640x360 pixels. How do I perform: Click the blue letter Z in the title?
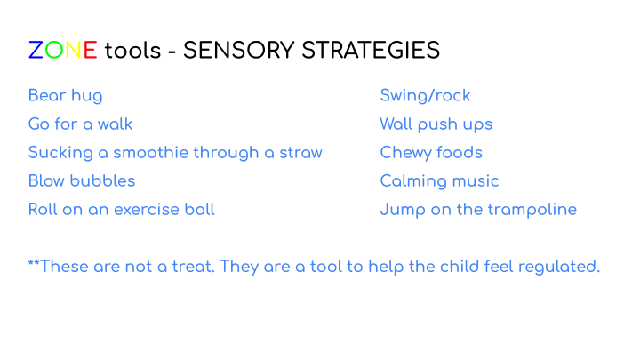click(36, 50)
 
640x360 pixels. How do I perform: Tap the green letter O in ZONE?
click(54, 50)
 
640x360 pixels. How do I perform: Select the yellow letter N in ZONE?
click(74, 50)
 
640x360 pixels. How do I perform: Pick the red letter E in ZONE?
click(90, 50)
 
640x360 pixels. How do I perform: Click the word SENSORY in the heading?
click(239, 50)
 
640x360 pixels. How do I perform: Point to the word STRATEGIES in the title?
click(371, 50)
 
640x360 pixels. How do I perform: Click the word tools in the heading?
click(132, 51)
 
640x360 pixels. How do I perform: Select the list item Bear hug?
click(65, 96)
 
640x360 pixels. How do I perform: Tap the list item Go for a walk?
click(80, 124)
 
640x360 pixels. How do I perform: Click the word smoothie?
click(151, 153)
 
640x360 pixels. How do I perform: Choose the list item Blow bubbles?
click(82, 180)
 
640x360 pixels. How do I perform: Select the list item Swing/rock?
click(425, 96)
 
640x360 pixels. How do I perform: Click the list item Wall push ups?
click(436, 125)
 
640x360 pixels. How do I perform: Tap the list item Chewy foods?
click(431, 153)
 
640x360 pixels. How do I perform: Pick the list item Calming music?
click(440, 181)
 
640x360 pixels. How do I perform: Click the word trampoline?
click(532, 210)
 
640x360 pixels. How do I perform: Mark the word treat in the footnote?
click(193, 267)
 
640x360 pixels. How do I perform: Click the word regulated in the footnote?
click(559, 268)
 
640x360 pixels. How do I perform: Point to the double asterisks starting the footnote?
click(34, 262)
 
